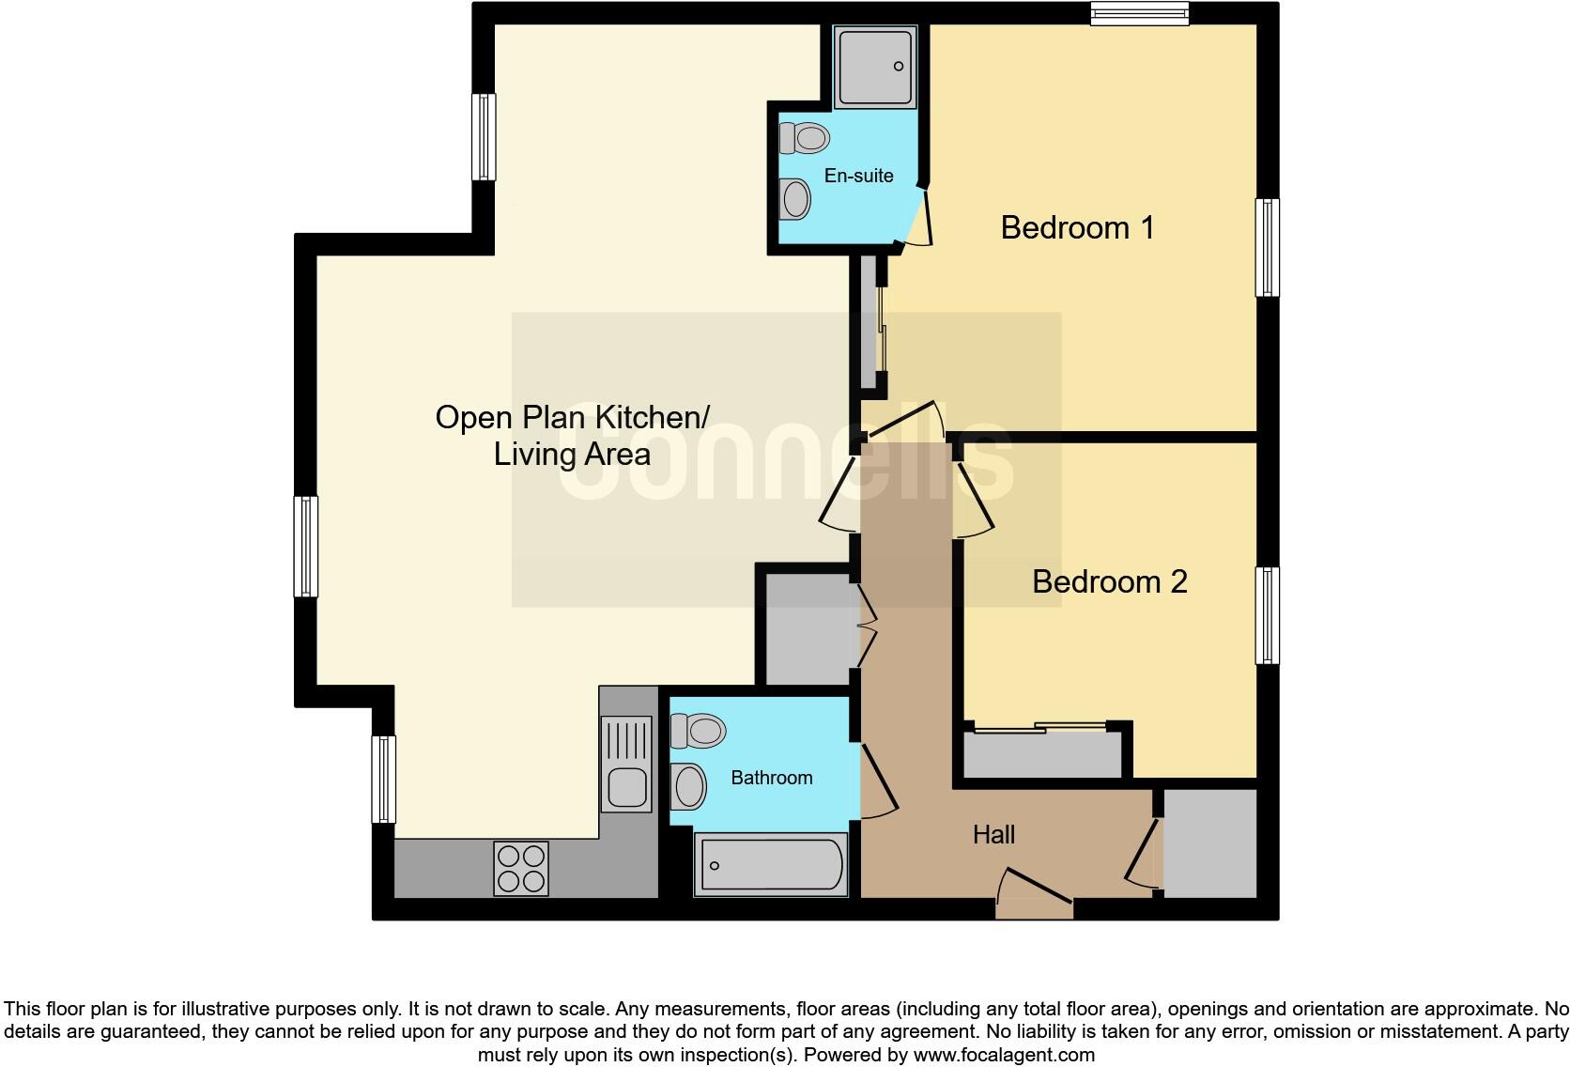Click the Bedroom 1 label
(1077, 227)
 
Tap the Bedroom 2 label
(1109, 581)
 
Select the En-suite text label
(858, 176)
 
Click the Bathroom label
(771, 778)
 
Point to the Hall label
(993, 834)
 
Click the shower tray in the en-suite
(875, 66)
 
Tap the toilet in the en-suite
(805, 138)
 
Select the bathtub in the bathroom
(770, 864)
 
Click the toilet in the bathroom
(698, 730)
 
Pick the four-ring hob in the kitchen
(521, 868)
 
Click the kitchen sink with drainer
(626, 763)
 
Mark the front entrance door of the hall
(1035, 897)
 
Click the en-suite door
(917, 219)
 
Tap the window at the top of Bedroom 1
(1140, 13)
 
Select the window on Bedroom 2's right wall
(1268, 615)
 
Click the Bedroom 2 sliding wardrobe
(1042, 751)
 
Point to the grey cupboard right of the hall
(1209, 843)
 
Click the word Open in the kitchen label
(472, 418)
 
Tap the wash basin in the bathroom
(689, 786)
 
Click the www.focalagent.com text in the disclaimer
(1004, 1055)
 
